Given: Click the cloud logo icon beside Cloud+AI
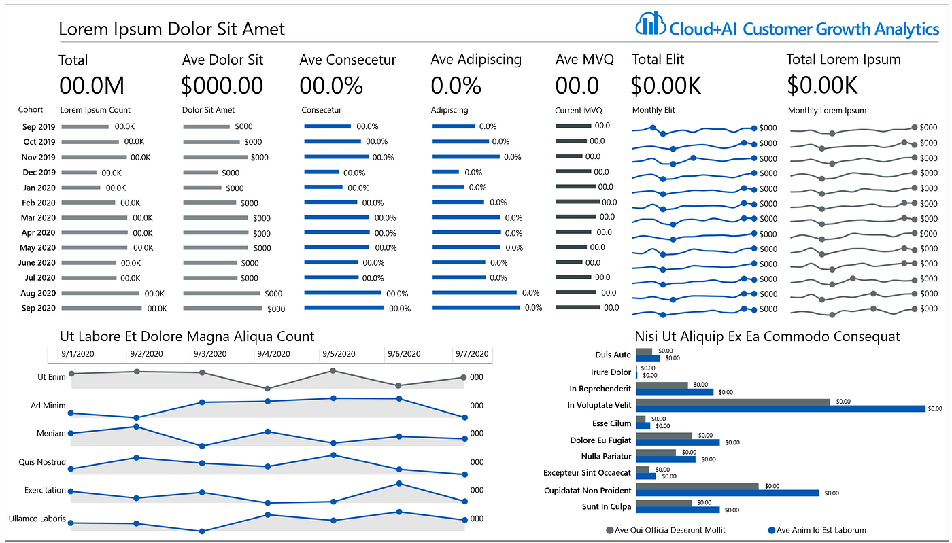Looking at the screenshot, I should click(650, 24).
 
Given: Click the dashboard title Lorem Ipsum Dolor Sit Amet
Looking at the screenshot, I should click(171, 29).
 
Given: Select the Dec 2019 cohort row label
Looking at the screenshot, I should click(39, 173).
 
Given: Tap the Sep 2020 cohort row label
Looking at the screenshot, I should click(39, 308).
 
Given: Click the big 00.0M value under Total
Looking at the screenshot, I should click(92, 86).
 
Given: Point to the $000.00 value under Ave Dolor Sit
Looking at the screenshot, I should click(222, 86).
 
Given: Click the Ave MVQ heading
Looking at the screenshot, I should click(584, 60).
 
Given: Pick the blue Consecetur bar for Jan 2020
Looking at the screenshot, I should click(323, 187).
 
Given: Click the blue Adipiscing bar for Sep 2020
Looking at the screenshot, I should click(475, 308).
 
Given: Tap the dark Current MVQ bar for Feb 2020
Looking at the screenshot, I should click(577, 202).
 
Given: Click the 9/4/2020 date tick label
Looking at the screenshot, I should click(274, 354).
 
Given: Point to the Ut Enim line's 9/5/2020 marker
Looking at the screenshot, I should click(333, 371).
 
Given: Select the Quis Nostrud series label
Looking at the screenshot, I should click(42, 462).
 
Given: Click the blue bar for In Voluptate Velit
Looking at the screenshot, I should click(780, 408).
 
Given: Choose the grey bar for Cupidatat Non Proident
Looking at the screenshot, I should click(696, 486).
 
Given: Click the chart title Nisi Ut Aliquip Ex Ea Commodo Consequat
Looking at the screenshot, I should click(767, 336).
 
